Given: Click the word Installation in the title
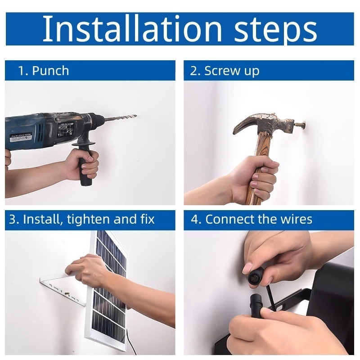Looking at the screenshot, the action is click(132, 29).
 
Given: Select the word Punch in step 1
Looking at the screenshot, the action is click(50, 71).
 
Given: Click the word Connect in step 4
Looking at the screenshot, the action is click(230, 220).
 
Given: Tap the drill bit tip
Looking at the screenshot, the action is click(136, 116).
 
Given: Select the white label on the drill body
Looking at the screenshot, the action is click(20, 138).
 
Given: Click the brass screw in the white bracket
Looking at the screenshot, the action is click(66, 294).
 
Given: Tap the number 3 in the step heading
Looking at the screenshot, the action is click(13, 219).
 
